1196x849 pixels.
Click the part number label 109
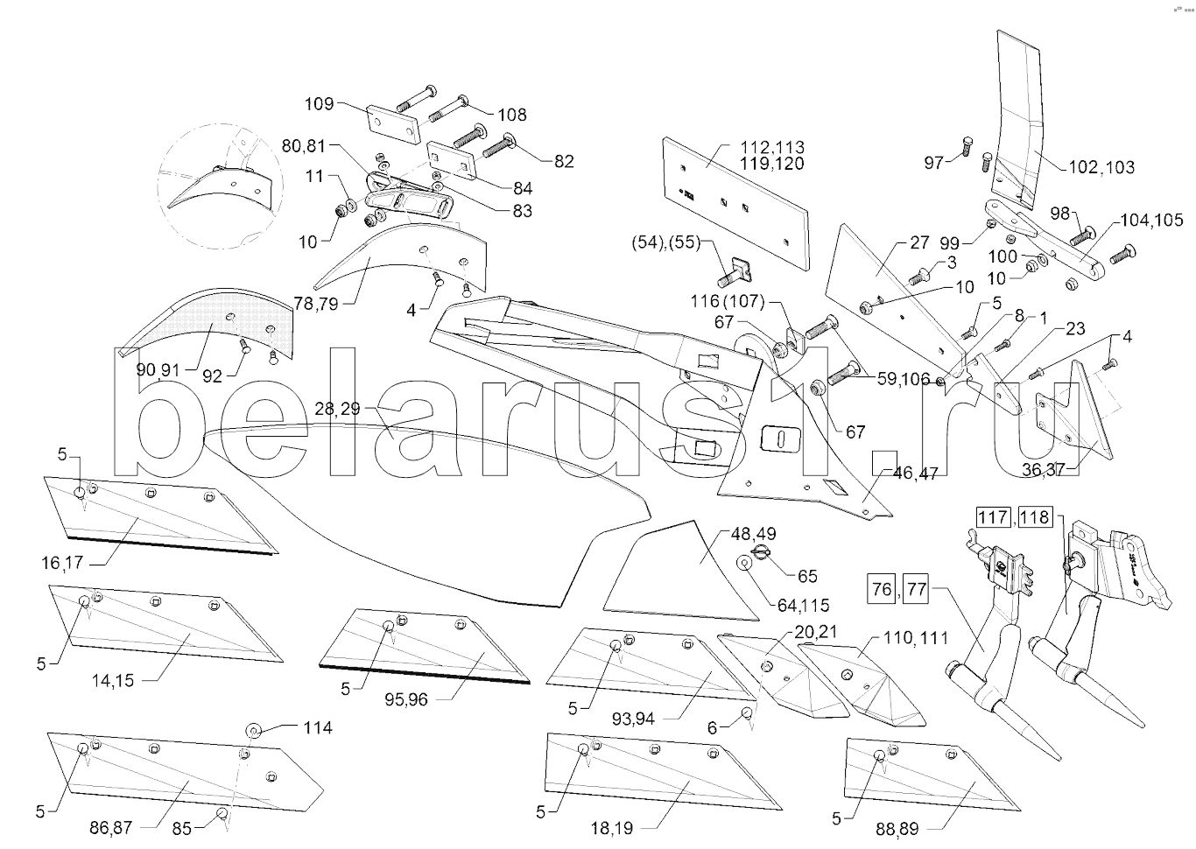tap(319, 104)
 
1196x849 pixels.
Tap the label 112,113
tap(772, 147)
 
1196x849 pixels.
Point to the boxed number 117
tap(994, 517)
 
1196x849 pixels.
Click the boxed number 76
tap(883, 589)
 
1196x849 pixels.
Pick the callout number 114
tap(317, 727)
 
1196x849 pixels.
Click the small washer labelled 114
tap(252, 729)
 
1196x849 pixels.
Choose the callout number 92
tap(212, 376)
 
